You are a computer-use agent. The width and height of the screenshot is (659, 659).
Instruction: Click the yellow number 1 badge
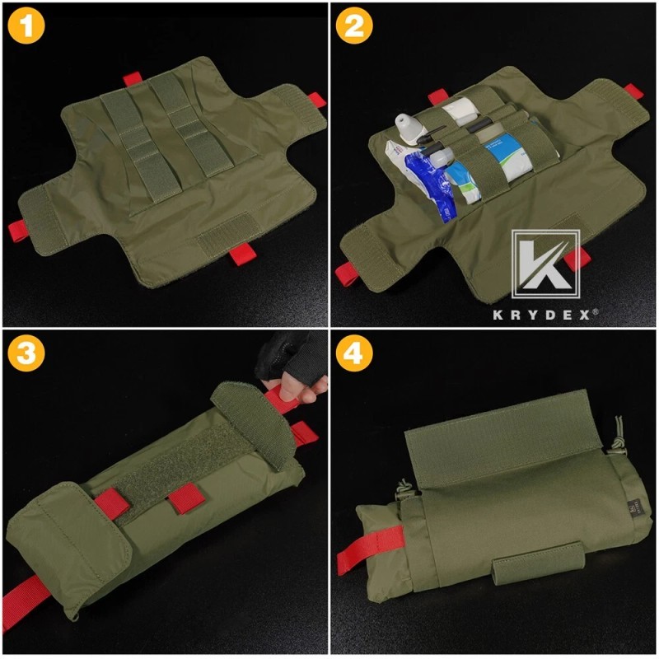click(x=27, y=26)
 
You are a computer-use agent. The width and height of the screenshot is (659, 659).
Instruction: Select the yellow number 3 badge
click(x=27, y=355)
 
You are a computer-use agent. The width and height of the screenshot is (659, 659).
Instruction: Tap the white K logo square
click(x=546, y=264)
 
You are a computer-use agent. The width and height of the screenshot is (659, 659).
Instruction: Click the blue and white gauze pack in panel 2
click(x=498, y=157)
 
